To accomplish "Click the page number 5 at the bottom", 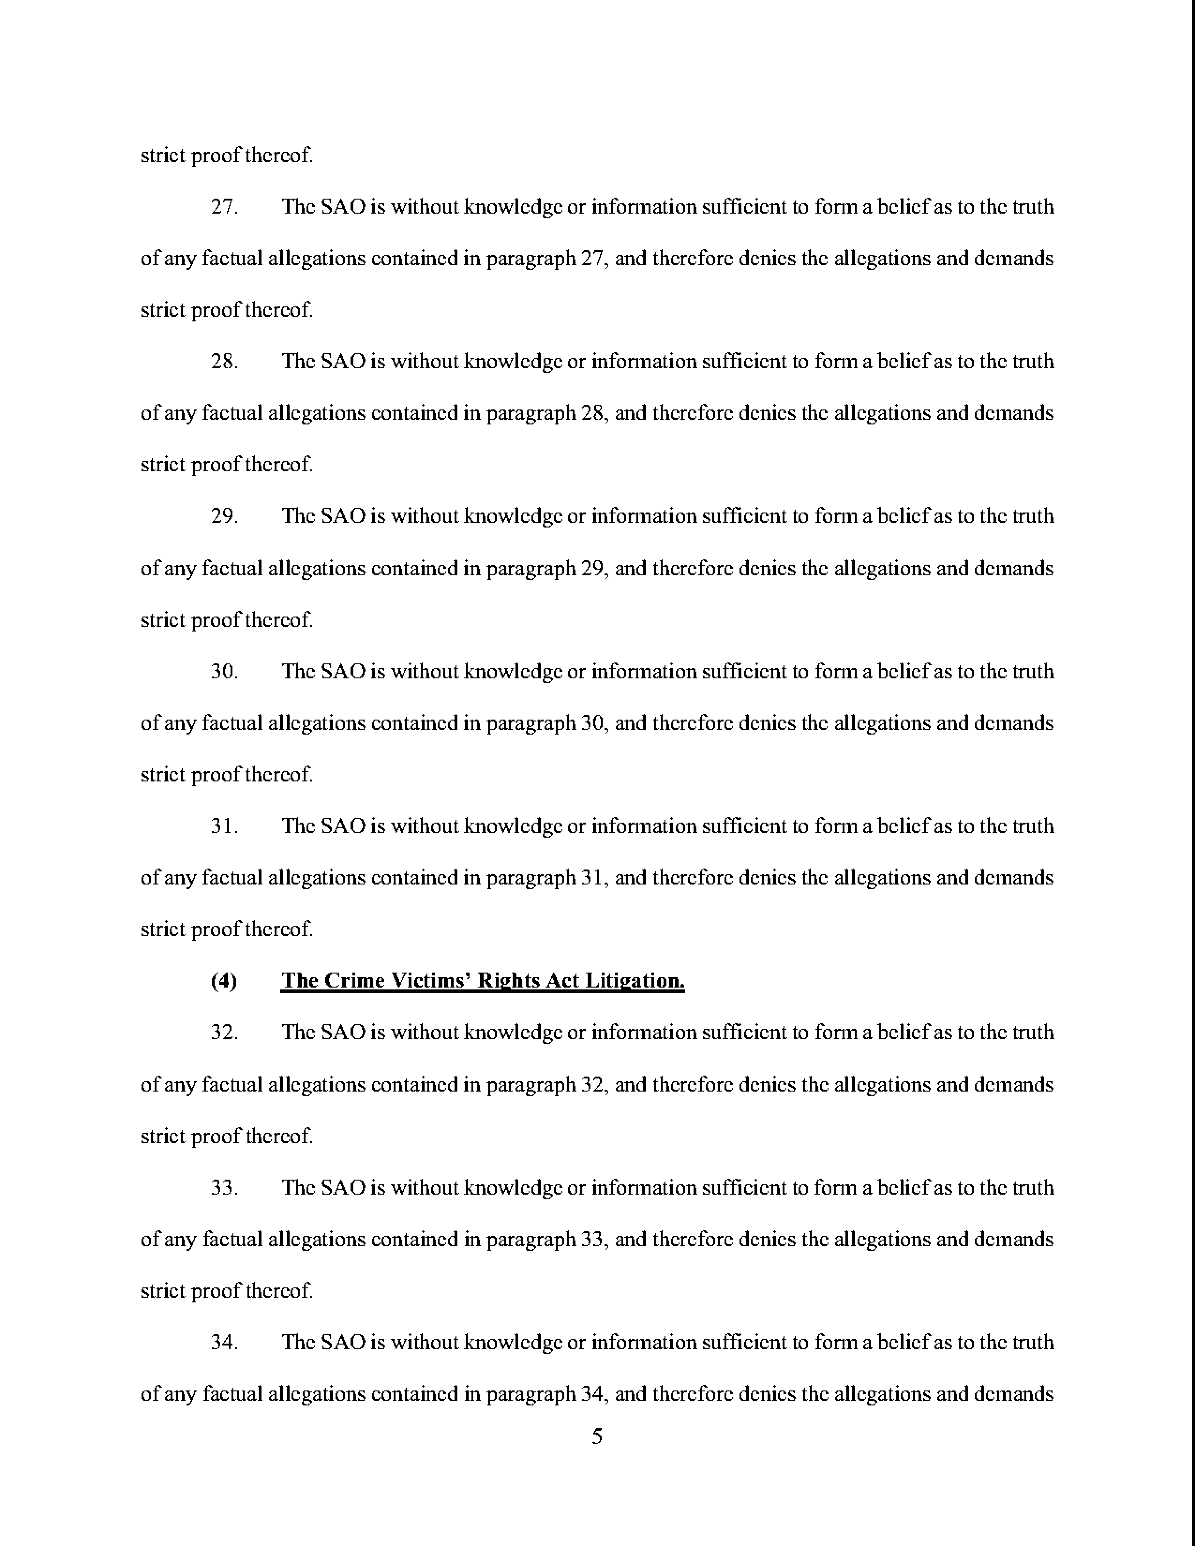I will click(597, 1436).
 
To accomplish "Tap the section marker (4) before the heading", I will click(224, 981).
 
